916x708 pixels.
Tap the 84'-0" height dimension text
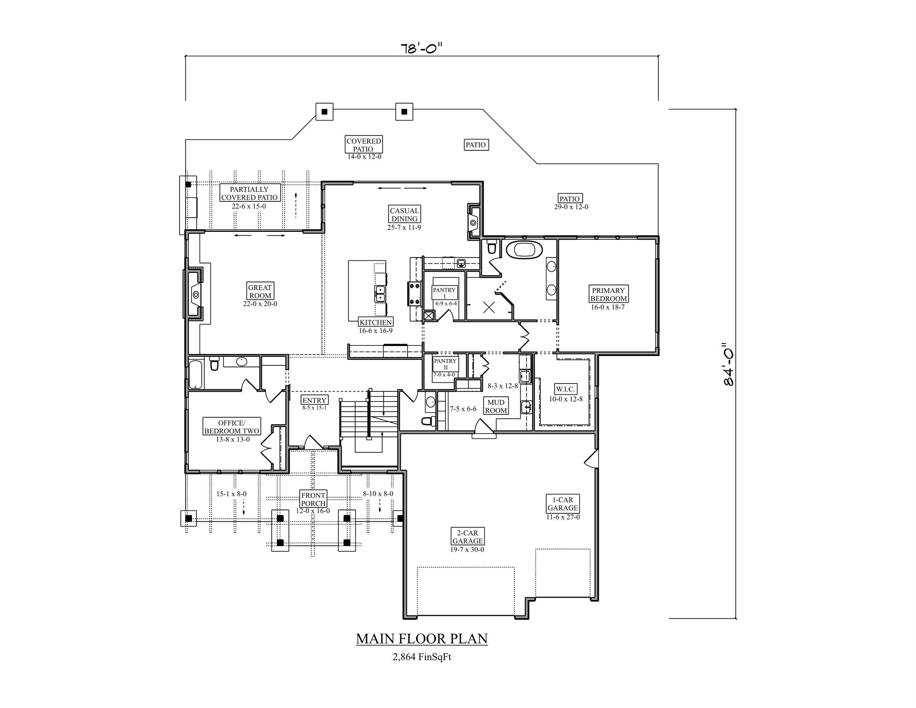[728, 364]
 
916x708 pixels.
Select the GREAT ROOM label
[260, 291]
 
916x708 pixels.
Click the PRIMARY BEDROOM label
[608, 294]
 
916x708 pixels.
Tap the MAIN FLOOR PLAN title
[422, 639]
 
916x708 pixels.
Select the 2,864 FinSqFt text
[422, 657]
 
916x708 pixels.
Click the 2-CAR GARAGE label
[468, 536]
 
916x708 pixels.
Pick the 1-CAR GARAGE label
[563, 503]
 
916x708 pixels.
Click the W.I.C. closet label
[565, 389]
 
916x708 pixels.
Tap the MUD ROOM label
[496, 406]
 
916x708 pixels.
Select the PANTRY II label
[445, 364]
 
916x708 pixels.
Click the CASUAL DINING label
[404, 214]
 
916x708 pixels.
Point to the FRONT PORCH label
[313, 499]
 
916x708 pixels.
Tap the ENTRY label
[315, 400]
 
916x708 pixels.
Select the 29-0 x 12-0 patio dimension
[571, 207]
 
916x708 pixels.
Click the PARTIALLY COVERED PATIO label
[250, 193]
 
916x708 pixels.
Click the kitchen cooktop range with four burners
[415, 293]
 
